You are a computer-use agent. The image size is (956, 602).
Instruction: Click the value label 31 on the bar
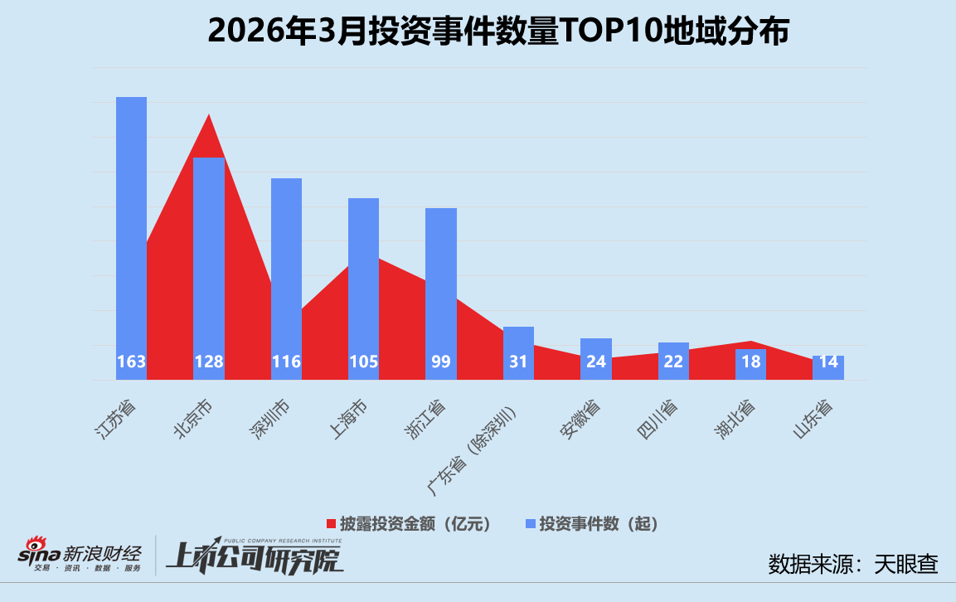coord(518,362)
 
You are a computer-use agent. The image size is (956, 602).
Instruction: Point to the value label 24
coord(595,362)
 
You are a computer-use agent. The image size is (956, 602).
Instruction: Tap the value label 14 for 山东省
coord(827,362)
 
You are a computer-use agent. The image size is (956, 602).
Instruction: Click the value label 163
coord(131,362)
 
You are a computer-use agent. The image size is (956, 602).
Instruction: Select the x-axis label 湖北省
coord(734,420)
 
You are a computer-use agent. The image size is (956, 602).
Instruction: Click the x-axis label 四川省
coord(657,420)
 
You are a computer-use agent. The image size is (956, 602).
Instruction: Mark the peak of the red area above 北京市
coord(209,115)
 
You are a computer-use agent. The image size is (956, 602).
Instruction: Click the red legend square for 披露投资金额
coord(330,524)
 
